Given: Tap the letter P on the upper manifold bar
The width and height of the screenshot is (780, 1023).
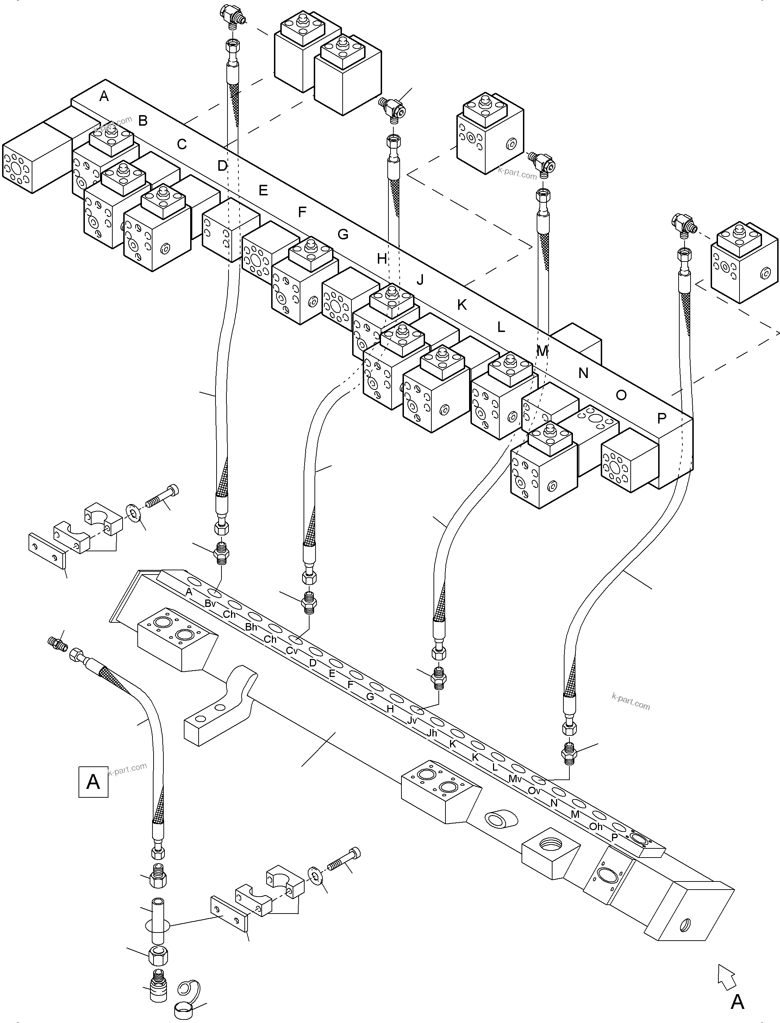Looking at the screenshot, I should pyautogui.click(x=662, y=418).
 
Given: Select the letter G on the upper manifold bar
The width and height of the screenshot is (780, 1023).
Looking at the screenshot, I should pyautogui.click(x=343, y=234).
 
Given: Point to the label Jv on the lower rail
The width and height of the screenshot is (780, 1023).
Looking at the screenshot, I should pyautogui.click(x=412, y=720).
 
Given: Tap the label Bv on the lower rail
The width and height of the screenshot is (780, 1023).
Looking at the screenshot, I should pyautogui.click(x=210, y=603).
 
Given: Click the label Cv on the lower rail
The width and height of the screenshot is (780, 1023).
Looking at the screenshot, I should pyautogui.click(x=292, y=651).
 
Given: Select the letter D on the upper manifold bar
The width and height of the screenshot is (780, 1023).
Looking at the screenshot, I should pyautogui.click(x=223, y=166).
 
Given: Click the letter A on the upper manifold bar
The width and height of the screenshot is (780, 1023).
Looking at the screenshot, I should pyautogui.click(x=104, y=96).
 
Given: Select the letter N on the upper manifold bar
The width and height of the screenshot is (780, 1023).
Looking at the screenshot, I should pyautogui.click(x=583, y=373).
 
